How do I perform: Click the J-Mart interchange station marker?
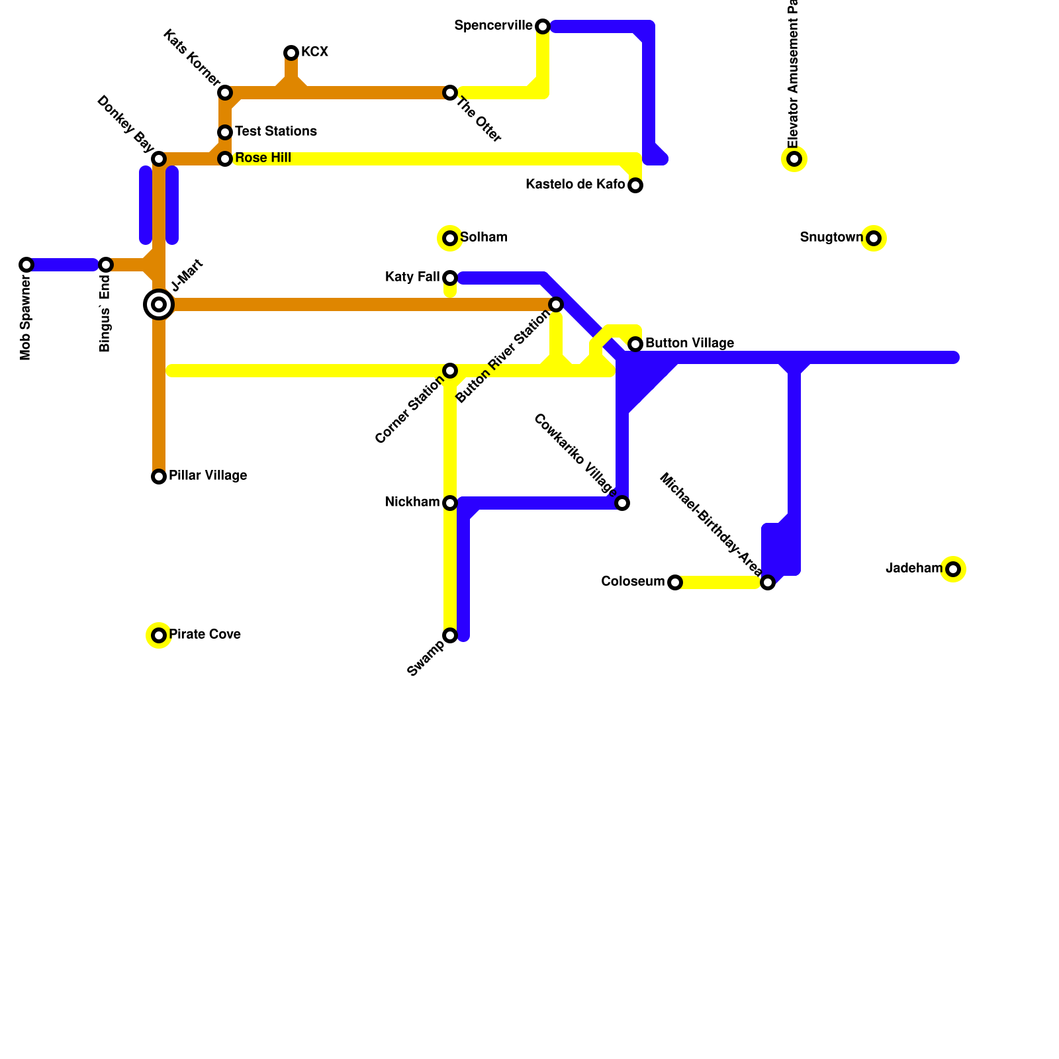[159, 304]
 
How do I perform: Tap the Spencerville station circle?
[543, 26]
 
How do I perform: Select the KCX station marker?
[291, 53]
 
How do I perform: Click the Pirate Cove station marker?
[159, 635]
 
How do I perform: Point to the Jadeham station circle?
[953, 569]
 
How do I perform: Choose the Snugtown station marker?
[874, 238]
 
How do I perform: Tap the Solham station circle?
[450, 238]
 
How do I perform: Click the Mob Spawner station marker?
[26, 265]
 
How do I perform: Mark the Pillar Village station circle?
[159, 477]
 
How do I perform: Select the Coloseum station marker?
[675, 582]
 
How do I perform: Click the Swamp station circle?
[450, 635]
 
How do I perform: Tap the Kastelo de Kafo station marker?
[635, 185]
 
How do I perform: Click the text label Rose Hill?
[263, 158]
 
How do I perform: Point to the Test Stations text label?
[275, 132]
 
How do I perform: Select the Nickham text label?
[412, 502]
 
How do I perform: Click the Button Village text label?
[689, 344]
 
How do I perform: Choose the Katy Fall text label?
[412, 277]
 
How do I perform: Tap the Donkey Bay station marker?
[159, 159]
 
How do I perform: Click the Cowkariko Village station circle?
[622, 503]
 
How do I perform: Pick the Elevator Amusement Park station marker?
[794, 159]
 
